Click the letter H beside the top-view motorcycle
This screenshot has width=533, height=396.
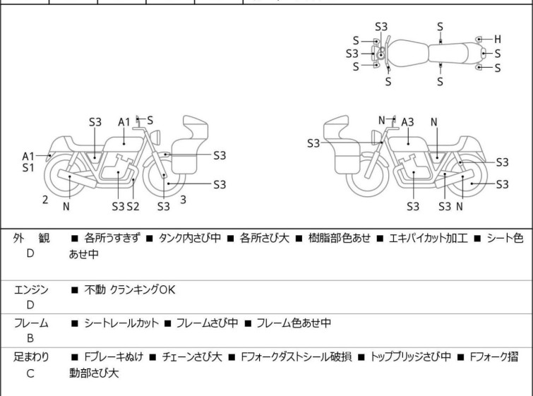pyautogui.click(x=497, y=39)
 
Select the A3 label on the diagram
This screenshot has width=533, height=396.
pyautogui.click(x=407, y=122)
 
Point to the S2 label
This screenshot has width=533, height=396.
pyautogui.click(x=133, y=206)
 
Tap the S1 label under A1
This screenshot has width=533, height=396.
pyautogui.click(x=28, y=168)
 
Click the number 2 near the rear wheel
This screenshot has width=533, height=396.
pyautogui.click(x=45, y=200)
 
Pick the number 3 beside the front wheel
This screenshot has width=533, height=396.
pyautogui.click(x=183, y=200)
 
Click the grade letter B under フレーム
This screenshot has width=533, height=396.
pyautogui.click(x=30, y=339)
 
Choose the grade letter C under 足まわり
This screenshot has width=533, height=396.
pyautogui.click(x=30, y=373)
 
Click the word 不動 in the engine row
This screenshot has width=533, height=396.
pyautogui.click(x=95, y=289)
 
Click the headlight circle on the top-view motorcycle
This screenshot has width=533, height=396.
pyautogui.click(x=381, y=54)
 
